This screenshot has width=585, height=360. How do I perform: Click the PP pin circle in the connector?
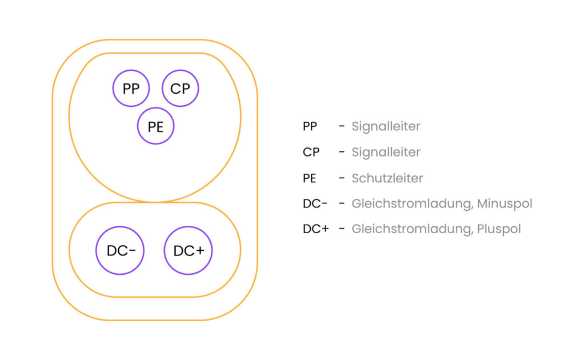(x=131, y=89)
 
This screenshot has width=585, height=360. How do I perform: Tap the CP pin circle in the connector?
(x=181, y=89)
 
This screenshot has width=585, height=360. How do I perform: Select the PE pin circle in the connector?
(x=156, y=126)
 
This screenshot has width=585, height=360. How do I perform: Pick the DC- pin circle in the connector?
(x=120, y=250)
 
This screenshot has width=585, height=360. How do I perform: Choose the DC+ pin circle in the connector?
(x=189, y=250)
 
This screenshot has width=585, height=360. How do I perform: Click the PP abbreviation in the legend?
(x=310, y=126)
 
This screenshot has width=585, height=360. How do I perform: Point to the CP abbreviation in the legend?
(x=311, y=152)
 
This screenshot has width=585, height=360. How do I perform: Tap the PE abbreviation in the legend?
(x=310, y=178)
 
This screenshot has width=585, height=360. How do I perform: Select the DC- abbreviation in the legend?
(x=315, y=203)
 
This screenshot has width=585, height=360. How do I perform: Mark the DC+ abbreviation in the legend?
(x=316, y=229)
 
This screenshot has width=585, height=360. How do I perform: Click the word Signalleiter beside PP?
(x=386, y=126)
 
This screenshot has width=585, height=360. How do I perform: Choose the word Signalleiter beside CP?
(x=386, y=152)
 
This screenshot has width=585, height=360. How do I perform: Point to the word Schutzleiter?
(x=387, y=178)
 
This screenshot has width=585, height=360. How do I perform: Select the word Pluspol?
(x=500, y=229)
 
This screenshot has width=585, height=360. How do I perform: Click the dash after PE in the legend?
(x=342, y=178)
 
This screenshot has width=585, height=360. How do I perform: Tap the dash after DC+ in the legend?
(x=342, y=229)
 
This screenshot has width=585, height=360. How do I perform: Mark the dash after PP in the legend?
(x=342, y=126)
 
